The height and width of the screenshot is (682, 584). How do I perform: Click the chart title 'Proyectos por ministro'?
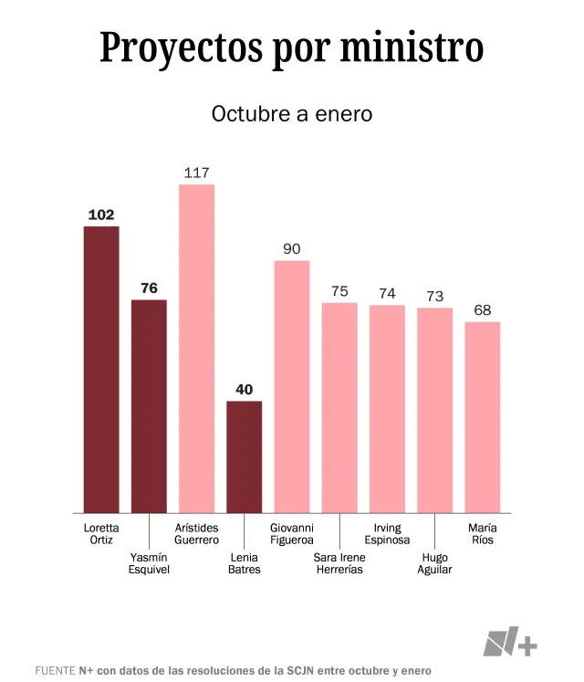tap(291, 47)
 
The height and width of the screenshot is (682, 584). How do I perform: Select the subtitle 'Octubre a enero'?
tap(291, 114)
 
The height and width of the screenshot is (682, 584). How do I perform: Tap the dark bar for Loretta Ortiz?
tap(101, 369)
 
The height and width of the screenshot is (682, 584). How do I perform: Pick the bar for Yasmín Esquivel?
tap(149, 405)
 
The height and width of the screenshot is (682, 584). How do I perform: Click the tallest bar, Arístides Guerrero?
tap(196, 348)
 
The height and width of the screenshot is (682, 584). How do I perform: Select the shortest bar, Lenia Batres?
tap(244, 456)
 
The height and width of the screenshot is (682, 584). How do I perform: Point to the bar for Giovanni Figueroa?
tap(292, 386)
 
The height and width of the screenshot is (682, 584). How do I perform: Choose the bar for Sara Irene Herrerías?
tap(339, 407)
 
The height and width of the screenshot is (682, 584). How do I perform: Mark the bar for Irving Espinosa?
tap(387, 408)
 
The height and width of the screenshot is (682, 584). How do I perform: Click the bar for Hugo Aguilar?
tap(435, 410)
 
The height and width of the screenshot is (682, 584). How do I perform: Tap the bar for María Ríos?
tap(483, 416)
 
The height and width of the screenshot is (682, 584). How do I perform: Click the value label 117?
tap(196, 173)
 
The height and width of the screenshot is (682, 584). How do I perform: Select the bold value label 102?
tap(101, 215)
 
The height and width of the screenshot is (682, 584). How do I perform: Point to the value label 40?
tap(244, 390)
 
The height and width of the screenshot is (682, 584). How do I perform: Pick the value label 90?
tap(292, 248)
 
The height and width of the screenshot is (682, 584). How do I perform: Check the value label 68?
tap(483, 310)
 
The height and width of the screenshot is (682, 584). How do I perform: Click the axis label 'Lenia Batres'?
tap(244, 563)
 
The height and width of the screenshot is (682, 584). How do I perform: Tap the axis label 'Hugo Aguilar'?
tap(435, 563)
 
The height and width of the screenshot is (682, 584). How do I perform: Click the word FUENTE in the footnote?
tap(55, 670)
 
